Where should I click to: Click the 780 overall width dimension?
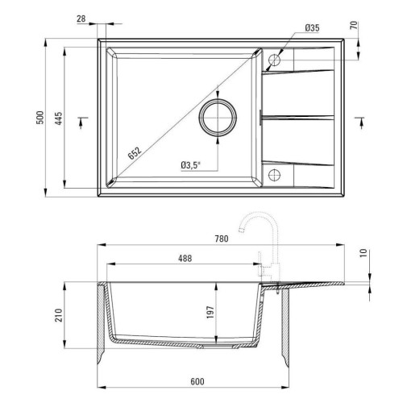[222, 239]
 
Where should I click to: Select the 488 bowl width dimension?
[185, 259]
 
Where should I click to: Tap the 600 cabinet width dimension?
[197, 381]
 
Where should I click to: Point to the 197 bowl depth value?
[210, 312]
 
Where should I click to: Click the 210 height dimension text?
[59, 315]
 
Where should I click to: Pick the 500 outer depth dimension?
[39, 118]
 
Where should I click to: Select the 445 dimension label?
[58, 118]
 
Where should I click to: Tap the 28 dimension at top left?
[81, 19]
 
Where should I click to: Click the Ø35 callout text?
[312, 27]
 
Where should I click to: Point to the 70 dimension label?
[355, 25]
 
